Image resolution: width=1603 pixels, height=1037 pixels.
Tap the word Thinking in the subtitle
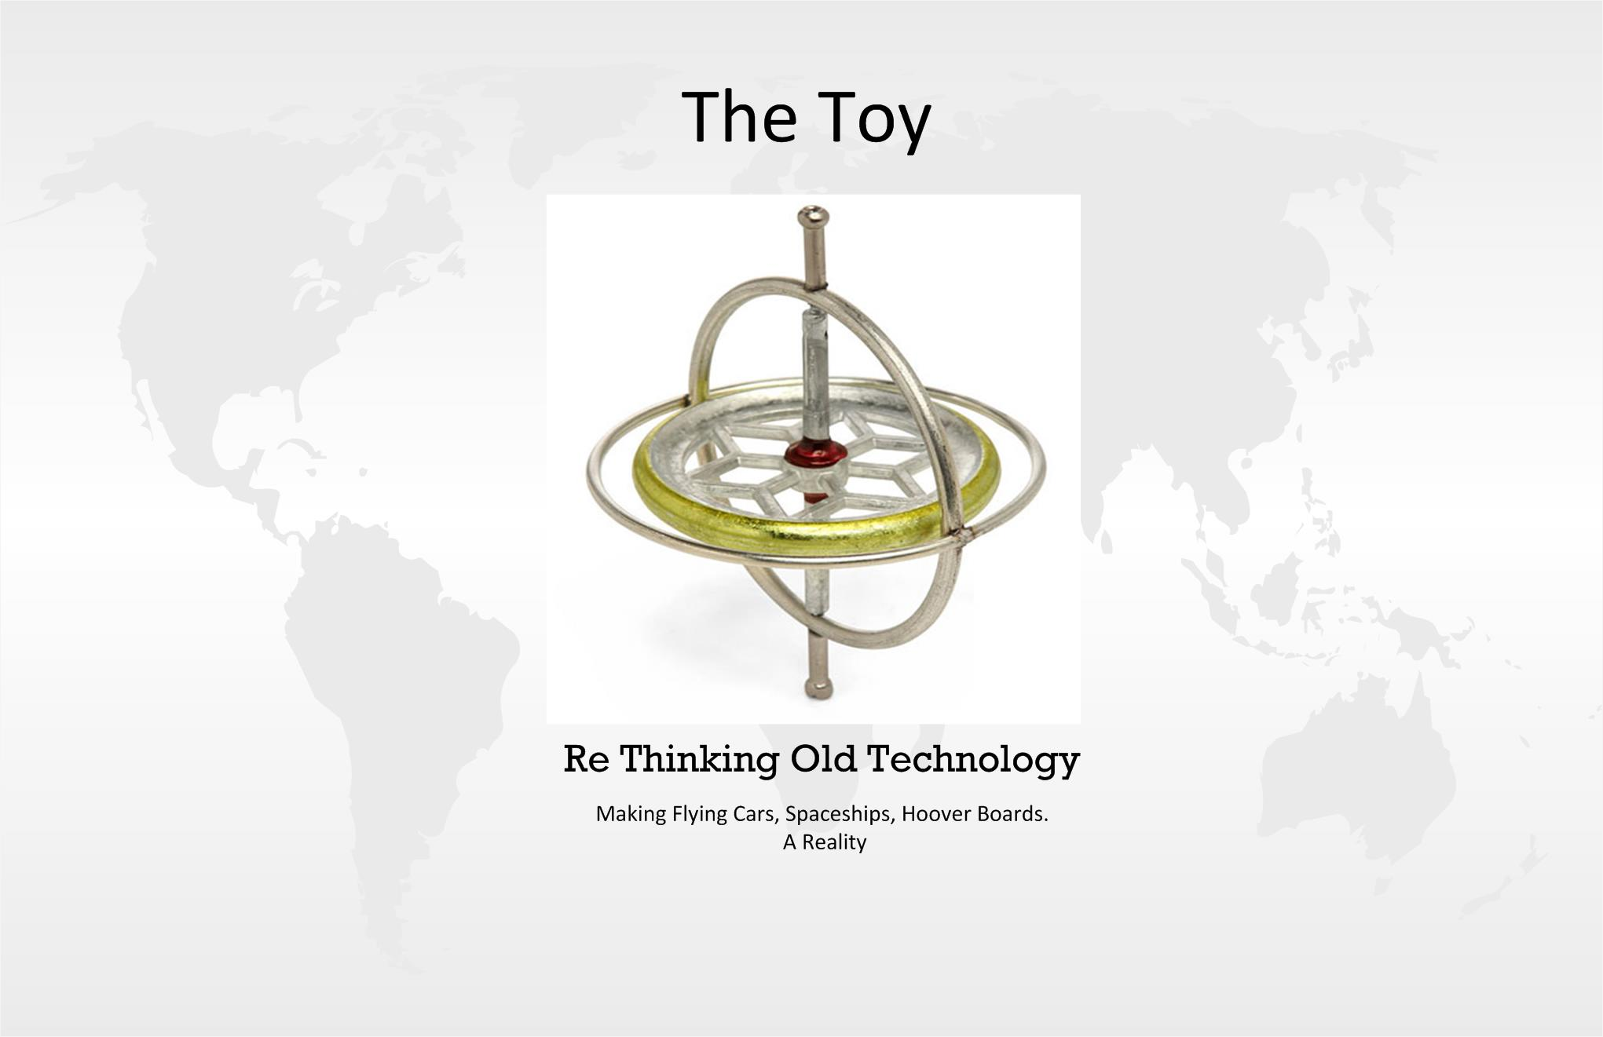pyautogui.click(x=700, y=760)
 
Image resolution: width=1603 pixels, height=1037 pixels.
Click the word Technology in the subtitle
pyautogui.click(x=973, y=760)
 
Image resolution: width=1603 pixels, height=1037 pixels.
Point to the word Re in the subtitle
pyautogui.click(x=587, y=759)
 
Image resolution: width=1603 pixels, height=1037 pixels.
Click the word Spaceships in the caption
pyautogui.click(x=840, y=814)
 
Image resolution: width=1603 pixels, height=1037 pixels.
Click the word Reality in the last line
pyautogui.click(x=834, y=843)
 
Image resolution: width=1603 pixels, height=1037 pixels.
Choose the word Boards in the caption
pyautogui.click(x=1012, y=813)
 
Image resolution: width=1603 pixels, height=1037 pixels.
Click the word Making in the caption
pyautogui.click(x=631, y=815)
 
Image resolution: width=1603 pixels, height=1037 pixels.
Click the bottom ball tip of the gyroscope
pyautogui.click(x=818, y=688)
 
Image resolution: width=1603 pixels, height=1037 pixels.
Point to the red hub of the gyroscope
pyautogui.click(x=816, y=455)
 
